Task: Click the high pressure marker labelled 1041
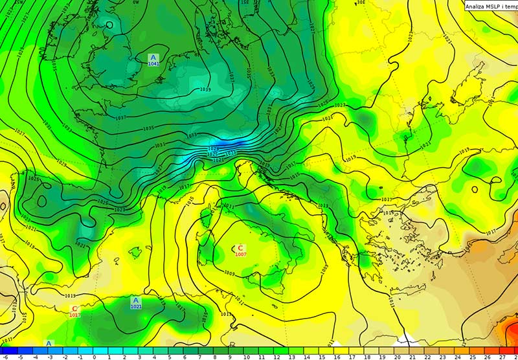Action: coord(153,60)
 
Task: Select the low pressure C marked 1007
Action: coord(240,250)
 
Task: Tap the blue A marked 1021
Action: coord(136,302)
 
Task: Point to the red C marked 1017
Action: coord(74,311)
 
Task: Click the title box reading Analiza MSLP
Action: coord(491,6)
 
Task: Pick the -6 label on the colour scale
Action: coord(4,356)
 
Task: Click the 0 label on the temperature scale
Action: coord(94,356)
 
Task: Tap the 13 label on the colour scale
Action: coord(291,356)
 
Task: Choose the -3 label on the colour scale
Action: coord(49,356)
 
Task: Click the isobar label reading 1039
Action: coord(205,89)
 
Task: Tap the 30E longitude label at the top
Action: coord(361,3)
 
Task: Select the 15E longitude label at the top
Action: coord(244,3)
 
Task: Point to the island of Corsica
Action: coord(211,210)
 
